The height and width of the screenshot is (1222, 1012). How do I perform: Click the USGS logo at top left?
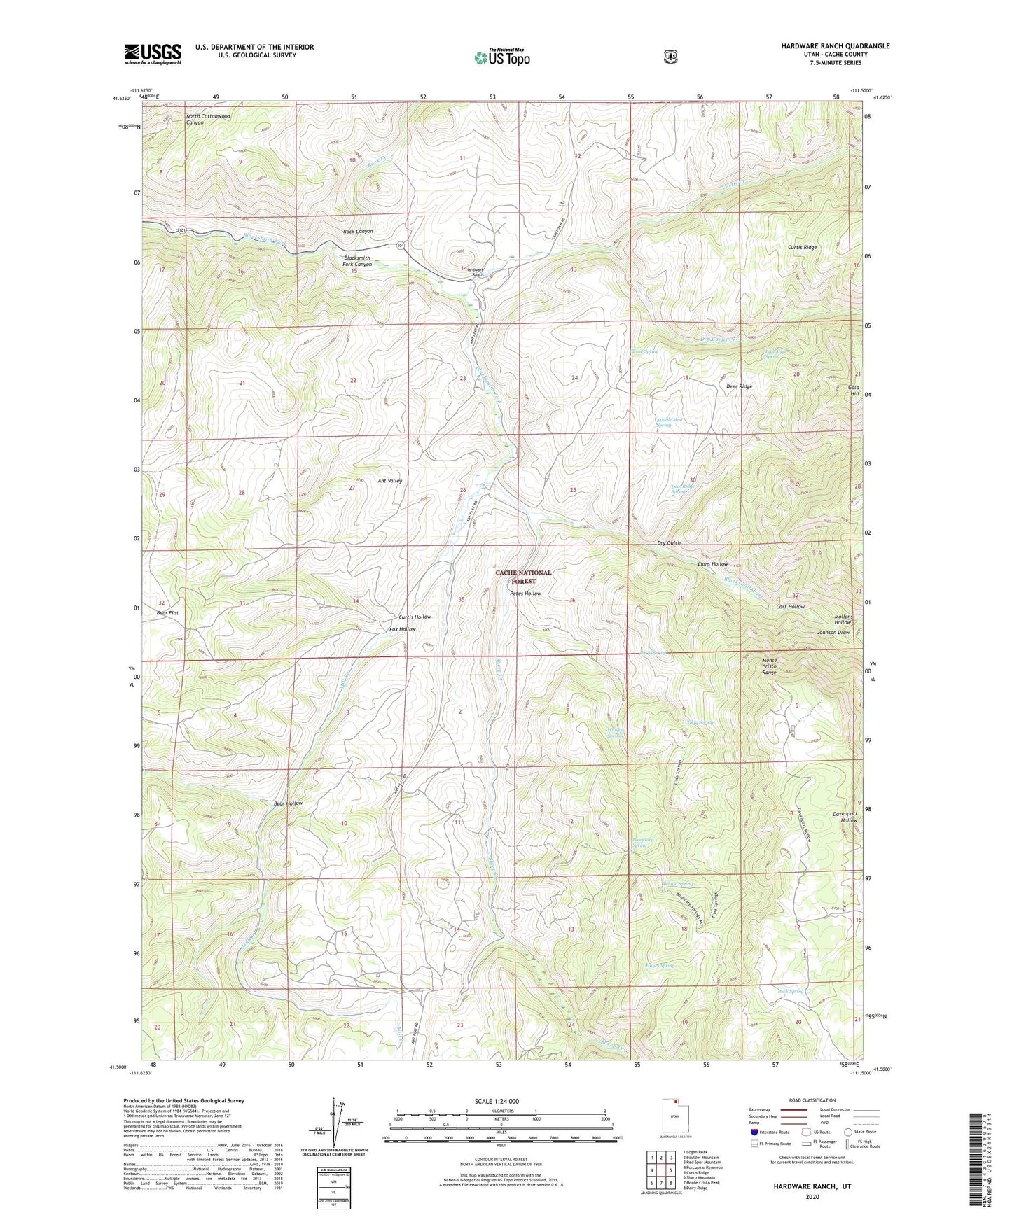(x=153, y=54)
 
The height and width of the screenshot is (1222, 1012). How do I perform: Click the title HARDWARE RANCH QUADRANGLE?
(x=835, y=46)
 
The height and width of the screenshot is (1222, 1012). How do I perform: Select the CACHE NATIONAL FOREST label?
(x=523, y=577)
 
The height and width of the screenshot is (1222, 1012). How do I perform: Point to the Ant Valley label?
(x=390, y=481)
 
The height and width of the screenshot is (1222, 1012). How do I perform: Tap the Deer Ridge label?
(x=740, y=386)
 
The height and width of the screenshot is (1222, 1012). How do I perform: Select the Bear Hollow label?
(x=288, y=803)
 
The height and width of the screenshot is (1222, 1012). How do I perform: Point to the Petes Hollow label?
(x=525, y=594)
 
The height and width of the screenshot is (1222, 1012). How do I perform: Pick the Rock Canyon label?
(x=358, y=231)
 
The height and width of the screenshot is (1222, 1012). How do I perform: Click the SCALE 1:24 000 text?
(x=497, y=1101)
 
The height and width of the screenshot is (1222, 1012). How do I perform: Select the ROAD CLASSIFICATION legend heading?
(x=812, y=1100)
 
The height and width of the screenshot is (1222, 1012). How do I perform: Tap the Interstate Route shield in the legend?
(x=754, y=1132)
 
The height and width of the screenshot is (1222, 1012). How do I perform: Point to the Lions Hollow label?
(x=712, y=563)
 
